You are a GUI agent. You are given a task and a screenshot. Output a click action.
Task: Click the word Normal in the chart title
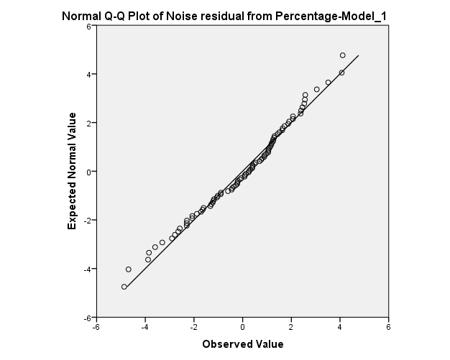tap(82, 15)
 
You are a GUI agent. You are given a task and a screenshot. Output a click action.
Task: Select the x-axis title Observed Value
tap(242, 343)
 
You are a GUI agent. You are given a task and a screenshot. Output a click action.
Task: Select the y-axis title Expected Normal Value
tap(72, 171)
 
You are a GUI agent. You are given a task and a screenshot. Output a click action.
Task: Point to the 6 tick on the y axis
tap(88, 26)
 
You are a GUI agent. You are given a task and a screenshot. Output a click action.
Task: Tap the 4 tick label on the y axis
tap(88, 74)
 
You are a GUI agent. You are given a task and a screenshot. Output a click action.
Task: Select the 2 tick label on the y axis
tap(88, 123)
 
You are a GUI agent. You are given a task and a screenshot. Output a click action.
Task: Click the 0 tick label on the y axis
tap(88, 171)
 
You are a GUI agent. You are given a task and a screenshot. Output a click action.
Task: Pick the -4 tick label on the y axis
tap(87, 269)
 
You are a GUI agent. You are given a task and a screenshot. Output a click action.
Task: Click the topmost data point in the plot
tap(342, 55)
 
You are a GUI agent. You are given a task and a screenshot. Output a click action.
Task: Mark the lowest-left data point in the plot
tap(124, 287)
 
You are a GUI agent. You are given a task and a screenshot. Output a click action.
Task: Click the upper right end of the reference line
tap(358, 55)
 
